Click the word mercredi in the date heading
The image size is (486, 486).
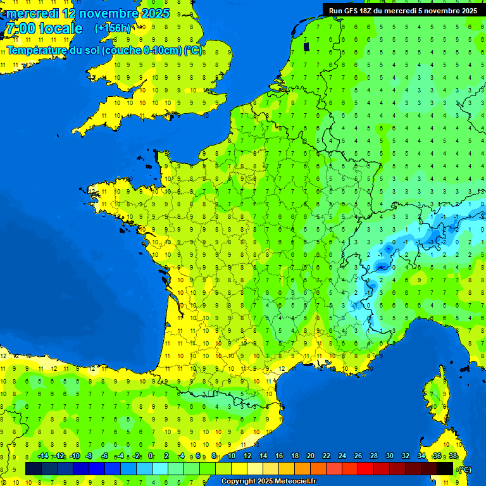(32, 13)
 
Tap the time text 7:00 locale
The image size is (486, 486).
(44, 28)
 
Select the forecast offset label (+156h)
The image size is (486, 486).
(113, 28)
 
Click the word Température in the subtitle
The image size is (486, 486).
(37, 50)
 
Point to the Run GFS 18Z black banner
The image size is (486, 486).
(403, 10)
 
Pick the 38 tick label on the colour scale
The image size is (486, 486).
(453, 456)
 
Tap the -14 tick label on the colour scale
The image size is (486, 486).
(43, 456)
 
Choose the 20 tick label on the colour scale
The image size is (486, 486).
(310, 456)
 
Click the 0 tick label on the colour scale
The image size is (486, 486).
(151, 456)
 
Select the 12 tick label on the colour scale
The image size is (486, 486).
(247, 456)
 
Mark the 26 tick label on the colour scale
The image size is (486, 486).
(358, 456)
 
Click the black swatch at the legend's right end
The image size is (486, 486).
(445, 468)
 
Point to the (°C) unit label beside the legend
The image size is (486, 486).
(464, 469)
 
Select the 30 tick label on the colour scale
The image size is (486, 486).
(390, 456)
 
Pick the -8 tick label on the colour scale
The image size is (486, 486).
(89, 456)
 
